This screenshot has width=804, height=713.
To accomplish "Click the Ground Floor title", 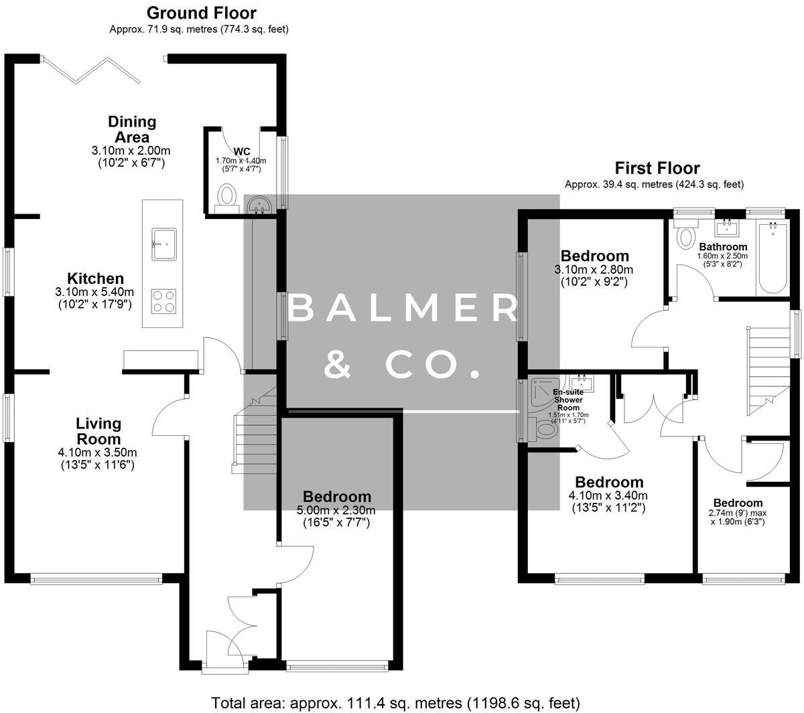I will (201, 13).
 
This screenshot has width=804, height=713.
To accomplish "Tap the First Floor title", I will (657, 168).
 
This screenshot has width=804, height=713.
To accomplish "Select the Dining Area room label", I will (132, 129).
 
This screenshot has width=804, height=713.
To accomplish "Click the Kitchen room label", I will (95, 279).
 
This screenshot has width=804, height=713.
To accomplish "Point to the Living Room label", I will (98, 431).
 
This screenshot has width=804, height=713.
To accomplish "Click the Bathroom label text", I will (722, 247).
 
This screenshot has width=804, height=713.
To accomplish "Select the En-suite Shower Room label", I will (567, 400).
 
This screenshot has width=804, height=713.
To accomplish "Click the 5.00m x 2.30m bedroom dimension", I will (336, 510).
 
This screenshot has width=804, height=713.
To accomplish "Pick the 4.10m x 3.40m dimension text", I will (608, 495).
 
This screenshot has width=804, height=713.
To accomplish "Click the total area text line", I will (395, 703).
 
